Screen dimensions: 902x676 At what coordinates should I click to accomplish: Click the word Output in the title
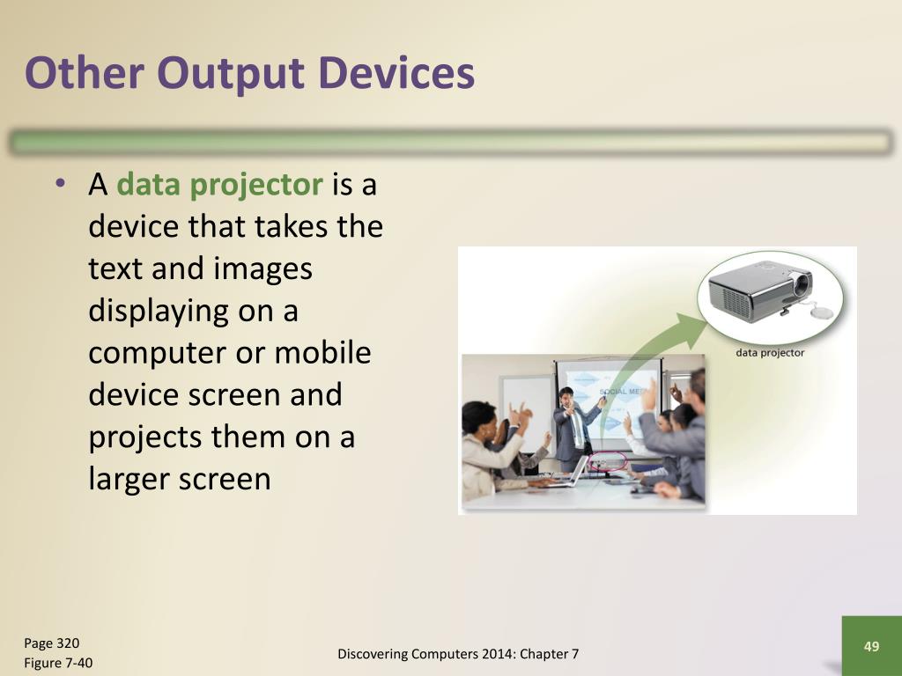coord(230,74)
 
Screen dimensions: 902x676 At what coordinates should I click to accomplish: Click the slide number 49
coord(871,646)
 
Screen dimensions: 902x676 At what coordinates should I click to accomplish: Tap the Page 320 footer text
coord(52,643)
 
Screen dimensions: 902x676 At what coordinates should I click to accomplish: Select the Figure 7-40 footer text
coord(58,663)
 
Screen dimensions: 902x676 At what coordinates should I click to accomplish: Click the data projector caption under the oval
coord(770,353)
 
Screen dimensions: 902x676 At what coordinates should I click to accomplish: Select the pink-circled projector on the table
coord(607,461)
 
